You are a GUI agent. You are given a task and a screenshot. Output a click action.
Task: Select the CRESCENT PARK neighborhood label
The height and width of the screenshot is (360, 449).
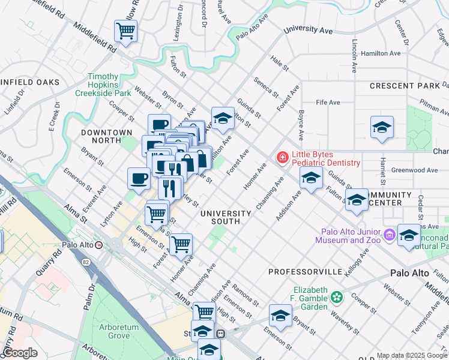click(405, 86)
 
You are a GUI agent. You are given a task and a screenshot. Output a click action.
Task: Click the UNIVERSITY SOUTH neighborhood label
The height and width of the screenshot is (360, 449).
click(226, 217)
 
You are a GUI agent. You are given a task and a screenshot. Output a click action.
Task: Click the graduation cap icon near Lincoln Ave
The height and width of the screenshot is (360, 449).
click(382, 128)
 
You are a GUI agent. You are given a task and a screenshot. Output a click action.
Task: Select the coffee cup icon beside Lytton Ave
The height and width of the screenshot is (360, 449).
click(139, 179)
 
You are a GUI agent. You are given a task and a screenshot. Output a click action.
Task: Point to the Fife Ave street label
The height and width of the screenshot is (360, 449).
click(328, 103)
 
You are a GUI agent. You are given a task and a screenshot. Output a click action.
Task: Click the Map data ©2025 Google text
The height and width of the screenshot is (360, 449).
click(412, 355)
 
